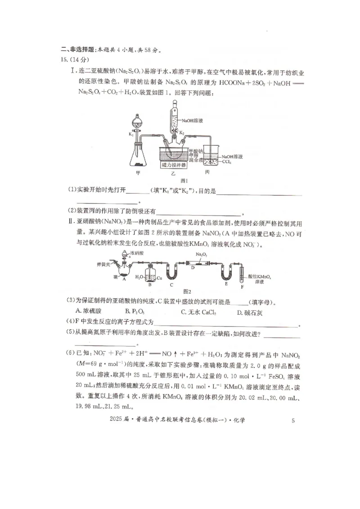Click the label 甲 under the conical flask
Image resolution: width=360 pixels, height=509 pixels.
click(x=138, y=172)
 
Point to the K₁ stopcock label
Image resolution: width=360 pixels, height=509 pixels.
click(x=130, y=134)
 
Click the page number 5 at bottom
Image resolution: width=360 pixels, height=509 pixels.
click(x=293, y=421)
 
